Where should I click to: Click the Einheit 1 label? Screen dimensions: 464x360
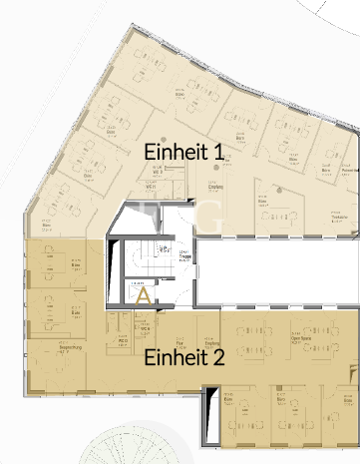coord(182,152)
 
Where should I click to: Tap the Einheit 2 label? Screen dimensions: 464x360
coord(184,356)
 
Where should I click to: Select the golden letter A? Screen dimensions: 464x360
coord(142,295)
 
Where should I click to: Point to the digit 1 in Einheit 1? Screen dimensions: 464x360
coord(216,152)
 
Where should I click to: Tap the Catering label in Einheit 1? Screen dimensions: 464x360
coord(214,186)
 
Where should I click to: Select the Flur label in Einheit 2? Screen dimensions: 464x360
coord(180,339)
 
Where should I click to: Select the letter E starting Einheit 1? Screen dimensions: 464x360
coord(151,152)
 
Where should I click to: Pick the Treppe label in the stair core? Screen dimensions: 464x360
coord(185,255)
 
